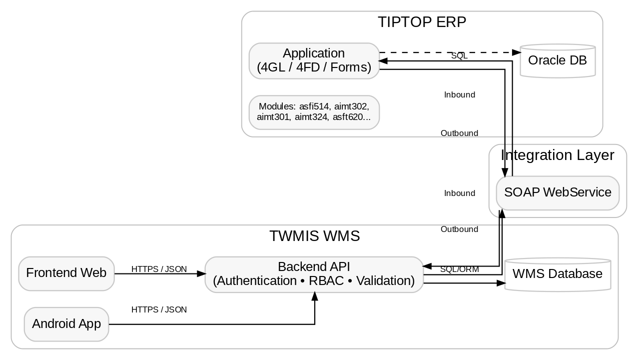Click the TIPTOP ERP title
click(422, 22)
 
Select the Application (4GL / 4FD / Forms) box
click(314, 60)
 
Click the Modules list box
click(314, 112)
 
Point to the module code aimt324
click(308, 117)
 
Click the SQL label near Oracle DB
click(459, 56)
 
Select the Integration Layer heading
click(557, 155)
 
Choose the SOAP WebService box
click(557, 192)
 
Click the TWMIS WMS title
click(314, 236)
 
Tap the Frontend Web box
click(66, 273)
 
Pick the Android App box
click(66, 324)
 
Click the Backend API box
click(314, 274)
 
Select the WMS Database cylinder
click(557, 274)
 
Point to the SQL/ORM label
click(459, 269)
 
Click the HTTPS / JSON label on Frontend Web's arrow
click(159, 269)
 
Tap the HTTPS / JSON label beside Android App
click(159, 309)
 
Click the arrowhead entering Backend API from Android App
click(314, 296)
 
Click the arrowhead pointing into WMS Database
click(501, 283)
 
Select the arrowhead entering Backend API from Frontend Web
click(201, 273)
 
